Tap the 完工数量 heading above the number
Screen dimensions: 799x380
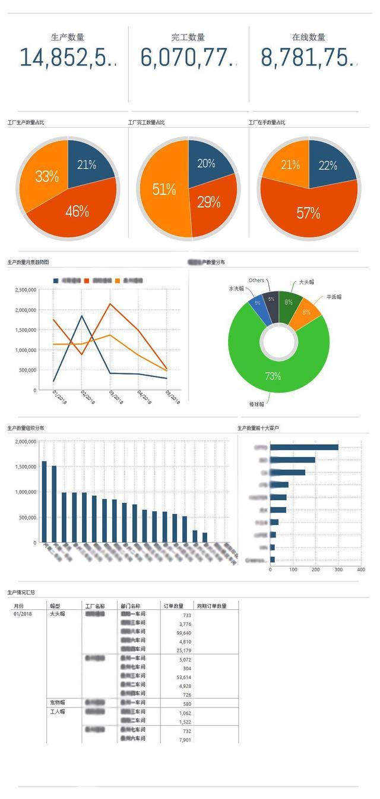[188, 37]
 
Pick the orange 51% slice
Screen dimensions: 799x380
[164, 190]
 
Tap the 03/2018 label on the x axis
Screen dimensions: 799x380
[115, 397]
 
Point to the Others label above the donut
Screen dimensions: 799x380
[256, 280]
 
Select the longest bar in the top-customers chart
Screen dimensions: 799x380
[304, 447]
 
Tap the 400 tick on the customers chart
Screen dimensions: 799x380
[360, 570]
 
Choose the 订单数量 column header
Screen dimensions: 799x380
[173, 606]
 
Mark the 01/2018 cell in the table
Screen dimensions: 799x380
[23, 614]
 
